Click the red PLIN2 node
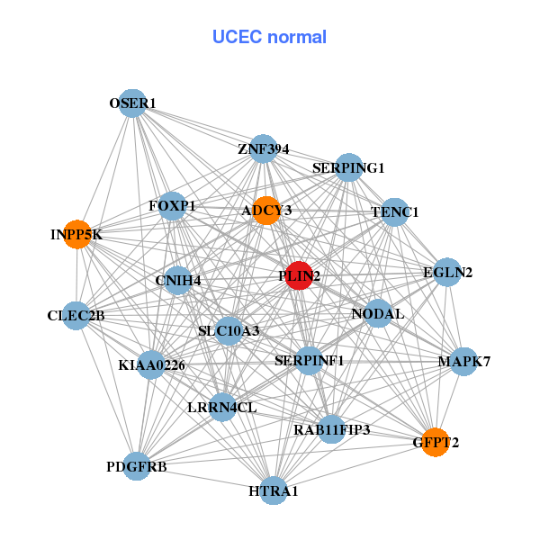click(299, 275)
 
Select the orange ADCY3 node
click(266, 211)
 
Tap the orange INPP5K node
click(77, 234)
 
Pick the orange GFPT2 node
click(436, 442)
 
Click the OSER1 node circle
click(132, 103)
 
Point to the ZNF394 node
click(264, 148)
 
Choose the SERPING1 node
click(349, 167)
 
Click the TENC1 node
click(395, 212)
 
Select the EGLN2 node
click(447, 272)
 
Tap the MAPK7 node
click(464, 362)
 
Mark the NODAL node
click(378, 313)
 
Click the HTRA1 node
click(273, 490)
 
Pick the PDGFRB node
click(137, 466)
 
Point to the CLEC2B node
click(76, 316)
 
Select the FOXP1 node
click(172, 206)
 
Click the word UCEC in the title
click(238, 37)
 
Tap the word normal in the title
click(297, 37)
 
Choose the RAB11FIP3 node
click(331, 429)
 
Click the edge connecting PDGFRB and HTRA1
click(205, 479)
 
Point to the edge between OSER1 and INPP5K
click(105, 169)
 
